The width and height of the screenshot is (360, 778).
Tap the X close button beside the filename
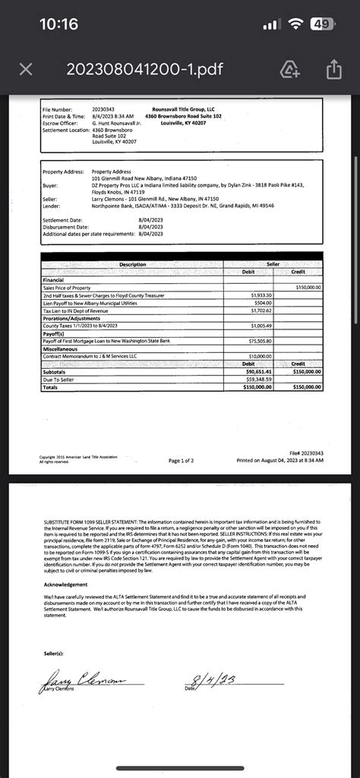point(25,69)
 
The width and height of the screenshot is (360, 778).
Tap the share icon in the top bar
point(333,70)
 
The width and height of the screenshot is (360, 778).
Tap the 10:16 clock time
point(58,24)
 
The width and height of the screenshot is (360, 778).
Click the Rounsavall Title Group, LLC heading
point(183,110)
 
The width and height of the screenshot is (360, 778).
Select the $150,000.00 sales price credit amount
point(308,288)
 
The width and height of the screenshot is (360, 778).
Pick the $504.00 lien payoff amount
point(262,303)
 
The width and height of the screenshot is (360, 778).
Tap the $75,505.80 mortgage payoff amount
point(261,341)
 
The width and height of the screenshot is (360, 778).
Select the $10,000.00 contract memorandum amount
point(260,356)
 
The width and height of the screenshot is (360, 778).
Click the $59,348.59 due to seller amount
point(260,379)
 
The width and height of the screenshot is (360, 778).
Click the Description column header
point(132,264)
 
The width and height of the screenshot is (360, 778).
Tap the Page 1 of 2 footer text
point(181,461)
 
